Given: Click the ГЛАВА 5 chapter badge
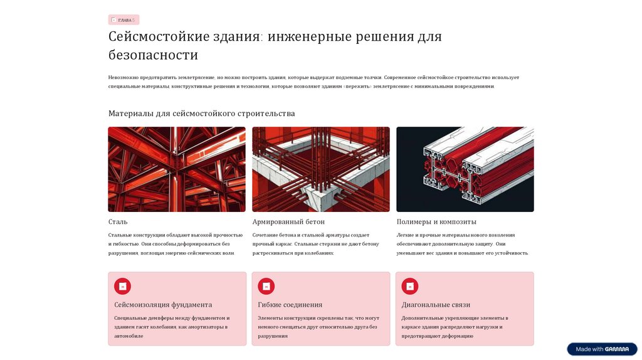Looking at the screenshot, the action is tap(124, 19).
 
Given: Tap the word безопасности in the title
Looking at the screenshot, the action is tap(153, 55).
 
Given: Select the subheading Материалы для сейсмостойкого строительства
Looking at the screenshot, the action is tap(201, 114).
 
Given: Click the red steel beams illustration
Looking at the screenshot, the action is tap(177, 169).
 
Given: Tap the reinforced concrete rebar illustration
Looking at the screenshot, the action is tap(321, 169).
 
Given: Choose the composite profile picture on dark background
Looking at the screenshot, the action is tap(465, 169).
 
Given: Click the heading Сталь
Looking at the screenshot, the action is tap(118, 222).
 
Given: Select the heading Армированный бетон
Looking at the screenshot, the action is tap(288, 222).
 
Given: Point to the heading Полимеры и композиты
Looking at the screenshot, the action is tap(436, 222).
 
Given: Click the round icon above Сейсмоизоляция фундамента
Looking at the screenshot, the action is tap(122, 286).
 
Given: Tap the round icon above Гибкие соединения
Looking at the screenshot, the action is tap(266, 286).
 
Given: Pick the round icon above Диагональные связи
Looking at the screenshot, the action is tap(410, 286).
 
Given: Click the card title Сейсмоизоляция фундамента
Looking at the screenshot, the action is tap(163, 305).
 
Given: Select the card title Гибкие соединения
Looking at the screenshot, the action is tap(290, 305).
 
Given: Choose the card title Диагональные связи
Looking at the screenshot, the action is tap(436, 305).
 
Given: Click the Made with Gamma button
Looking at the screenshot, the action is tap(602, 349).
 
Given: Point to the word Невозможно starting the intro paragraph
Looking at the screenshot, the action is tap(124, 77).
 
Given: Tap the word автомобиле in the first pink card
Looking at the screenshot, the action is tap(129, 336).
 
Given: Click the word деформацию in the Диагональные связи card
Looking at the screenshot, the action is tap(459, 336).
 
